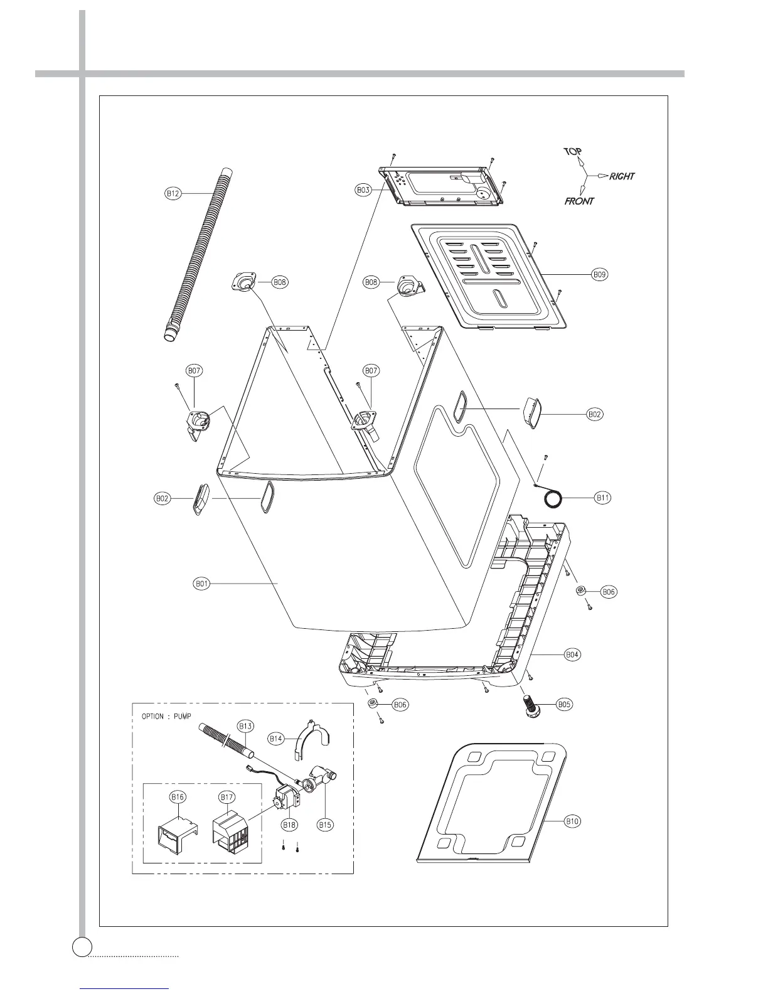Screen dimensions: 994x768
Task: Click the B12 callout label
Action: coord(173,194)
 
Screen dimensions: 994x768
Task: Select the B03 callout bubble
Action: coord(364,189)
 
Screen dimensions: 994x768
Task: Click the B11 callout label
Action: coord(603,498)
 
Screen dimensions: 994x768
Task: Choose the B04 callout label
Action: coord(572,655)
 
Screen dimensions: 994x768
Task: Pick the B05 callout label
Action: coord(565,705)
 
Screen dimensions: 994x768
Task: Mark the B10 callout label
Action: coord(572,821)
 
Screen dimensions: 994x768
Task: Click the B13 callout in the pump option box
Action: coord(246,726)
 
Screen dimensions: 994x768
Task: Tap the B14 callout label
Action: coord(277,739)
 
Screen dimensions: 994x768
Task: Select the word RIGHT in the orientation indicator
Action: coord(621,176)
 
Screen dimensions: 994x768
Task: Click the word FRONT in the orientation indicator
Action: coord(579,201)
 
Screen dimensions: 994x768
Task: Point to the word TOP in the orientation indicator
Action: coord(572,152)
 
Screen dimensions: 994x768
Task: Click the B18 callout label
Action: coord(289,825)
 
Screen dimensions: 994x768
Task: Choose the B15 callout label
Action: coord(324,825)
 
